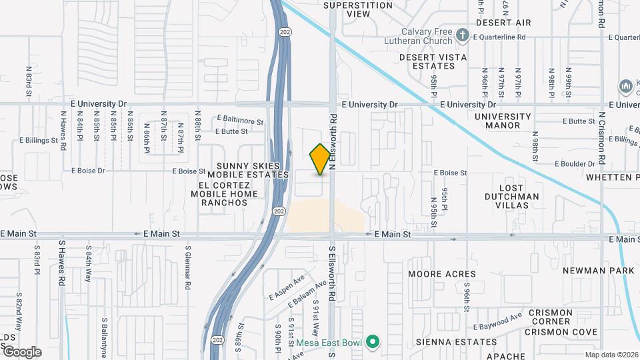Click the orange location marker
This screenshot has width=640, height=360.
point(320,159)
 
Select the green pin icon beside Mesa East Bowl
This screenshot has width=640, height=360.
point(373,343)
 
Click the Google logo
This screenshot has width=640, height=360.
point(21,351)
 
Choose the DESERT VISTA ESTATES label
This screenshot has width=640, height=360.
point(433,62)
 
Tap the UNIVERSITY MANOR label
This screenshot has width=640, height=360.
point(503,121)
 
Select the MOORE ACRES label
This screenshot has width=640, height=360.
point(443,274)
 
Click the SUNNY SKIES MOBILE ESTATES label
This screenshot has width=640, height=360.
point(252,169)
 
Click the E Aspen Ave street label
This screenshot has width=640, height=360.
point(286,287)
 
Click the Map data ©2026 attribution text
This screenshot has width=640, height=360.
point(611,355)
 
